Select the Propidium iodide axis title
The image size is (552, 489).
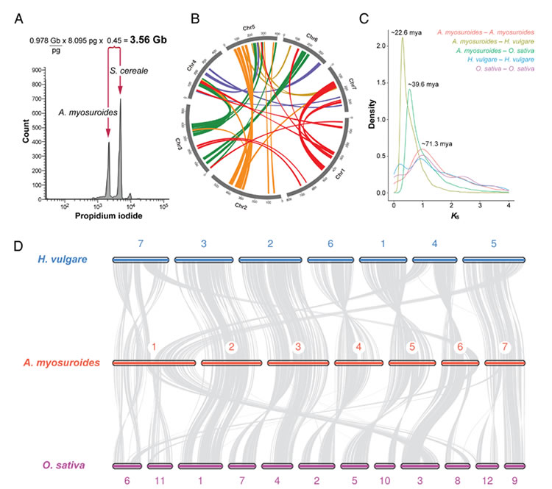click(108, 218)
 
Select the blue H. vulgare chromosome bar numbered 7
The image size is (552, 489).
click(141, 260)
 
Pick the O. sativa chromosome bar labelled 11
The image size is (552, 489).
click(159, 466)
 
